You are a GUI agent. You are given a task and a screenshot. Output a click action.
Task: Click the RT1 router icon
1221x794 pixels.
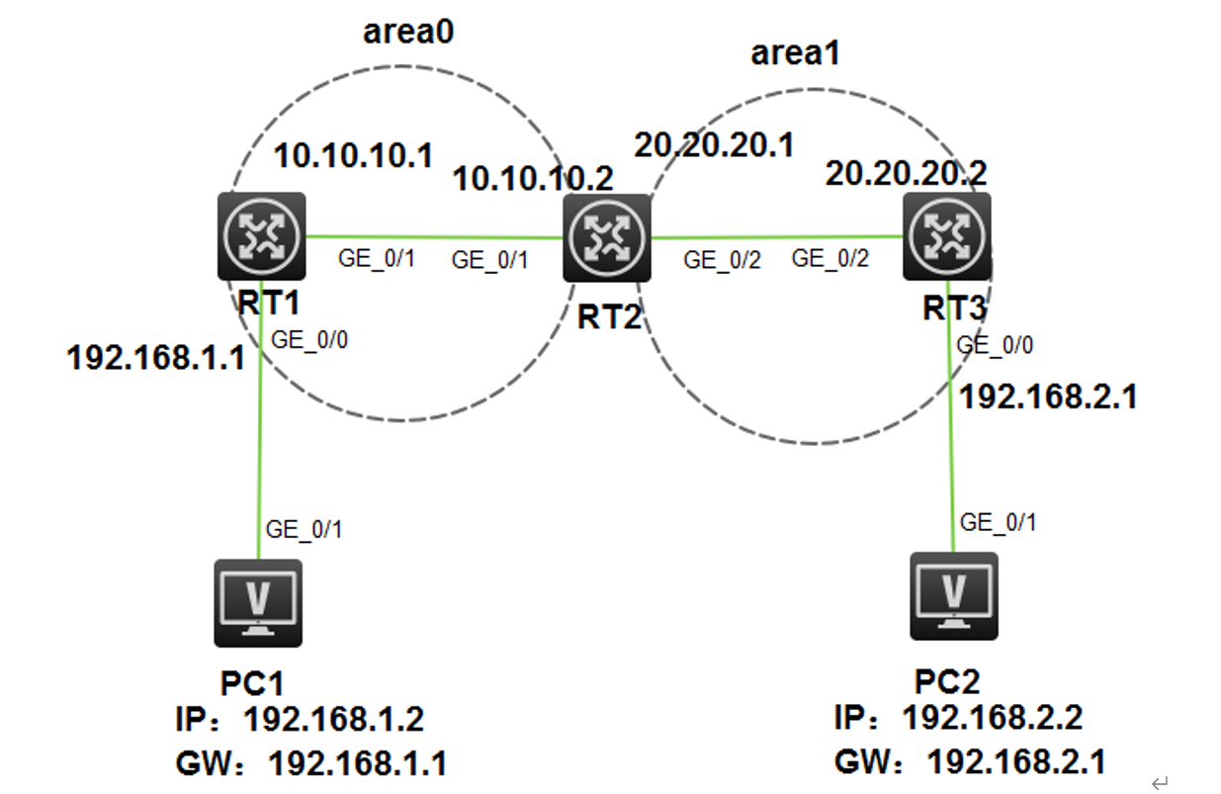(262, 235)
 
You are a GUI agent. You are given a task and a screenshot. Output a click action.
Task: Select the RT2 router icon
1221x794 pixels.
(606, 237)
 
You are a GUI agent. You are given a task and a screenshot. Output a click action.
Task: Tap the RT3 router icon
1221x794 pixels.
(947, 235)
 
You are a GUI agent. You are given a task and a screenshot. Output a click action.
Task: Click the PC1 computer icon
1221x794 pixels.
(258, 602)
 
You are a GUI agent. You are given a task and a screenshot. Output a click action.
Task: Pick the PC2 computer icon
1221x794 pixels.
(954, 595)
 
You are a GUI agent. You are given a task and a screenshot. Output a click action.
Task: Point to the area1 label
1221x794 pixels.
(795, 52)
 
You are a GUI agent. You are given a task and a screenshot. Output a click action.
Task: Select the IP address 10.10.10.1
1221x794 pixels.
(353, 155)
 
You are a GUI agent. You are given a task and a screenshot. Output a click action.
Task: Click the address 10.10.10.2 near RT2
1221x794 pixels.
(533, 179)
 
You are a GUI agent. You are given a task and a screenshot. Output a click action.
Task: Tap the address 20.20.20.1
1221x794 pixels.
(715, 145)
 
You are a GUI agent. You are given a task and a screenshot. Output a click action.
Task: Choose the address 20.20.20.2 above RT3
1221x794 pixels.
(906, 173)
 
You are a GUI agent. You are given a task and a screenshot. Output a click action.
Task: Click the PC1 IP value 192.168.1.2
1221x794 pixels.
(333, 719)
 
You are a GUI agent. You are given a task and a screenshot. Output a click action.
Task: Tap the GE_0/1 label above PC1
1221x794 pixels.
(305, 529)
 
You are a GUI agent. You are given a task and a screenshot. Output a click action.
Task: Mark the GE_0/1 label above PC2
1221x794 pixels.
(999, 522)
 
